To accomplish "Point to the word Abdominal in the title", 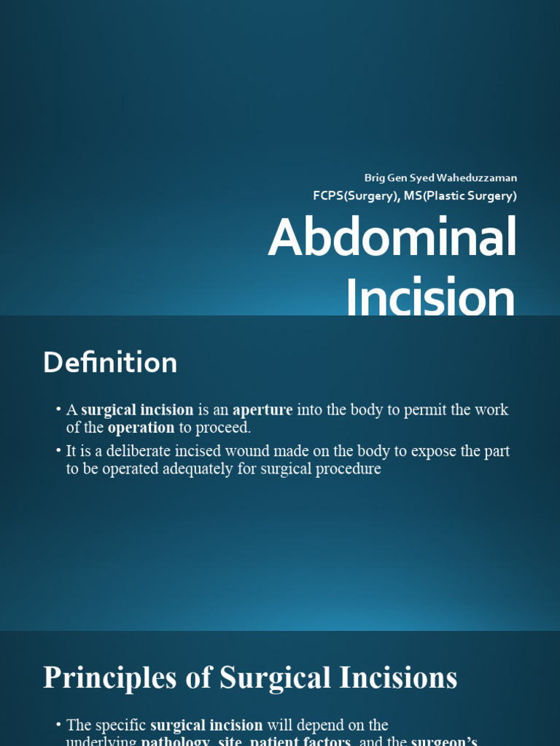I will coord(392,237).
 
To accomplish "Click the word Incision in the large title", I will coord(430,297).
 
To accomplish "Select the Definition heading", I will coord(110,363).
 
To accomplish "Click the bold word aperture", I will coord(262,409).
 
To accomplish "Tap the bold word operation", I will coord(141,428).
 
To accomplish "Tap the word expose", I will coord(435,451).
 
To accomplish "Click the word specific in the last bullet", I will coord(120,725).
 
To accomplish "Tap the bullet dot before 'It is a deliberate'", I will coord(58,451).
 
